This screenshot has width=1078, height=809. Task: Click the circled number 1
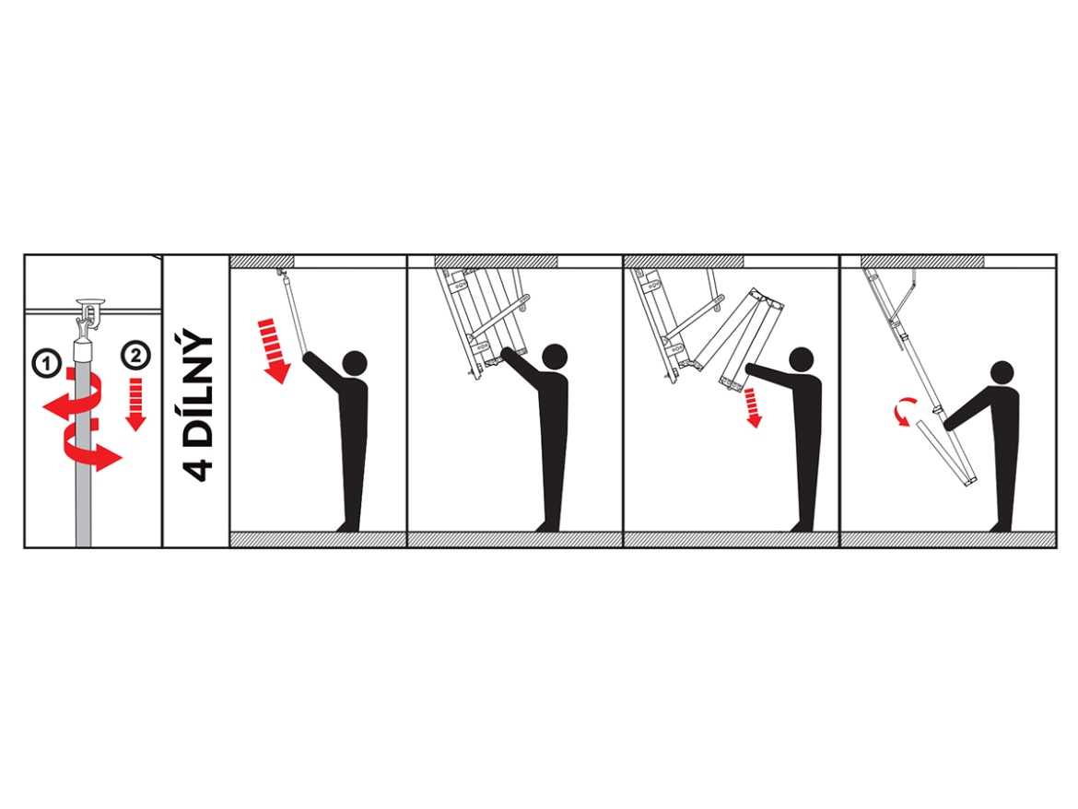(x=47, y=363)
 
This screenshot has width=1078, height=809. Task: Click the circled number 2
(x=135, y=356)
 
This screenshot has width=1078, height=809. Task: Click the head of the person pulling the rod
(x=355, y=362)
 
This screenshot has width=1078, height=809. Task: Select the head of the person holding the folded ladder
(x=555, y=357)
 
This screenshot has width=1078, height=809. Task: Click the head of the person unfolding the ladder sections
(x=802, y=359)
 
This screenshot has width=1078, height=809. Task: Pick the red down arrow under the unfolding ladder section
(x=754, y=407)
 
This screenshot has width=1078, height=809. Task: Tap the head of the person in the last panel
(x=1002, y=373)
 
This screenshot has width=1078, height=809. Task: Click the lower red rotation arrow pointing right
(x=93, y=451)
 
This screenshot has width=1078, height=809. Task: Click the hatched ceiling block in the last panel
(x=922, y=261)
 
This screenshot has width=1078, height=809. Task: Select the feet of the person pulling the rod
(x=348, y=526)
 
